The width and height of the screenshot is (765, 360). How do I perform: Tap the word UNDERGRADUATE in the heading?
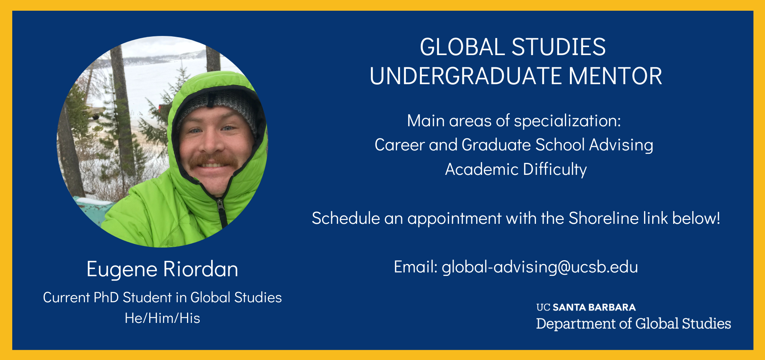pos(466,76)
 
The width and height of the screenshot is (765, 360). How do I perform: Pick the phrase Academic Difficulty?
pos(516,169)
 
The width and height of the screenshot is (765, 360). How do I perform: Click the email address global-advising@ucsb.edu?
pos(540,267)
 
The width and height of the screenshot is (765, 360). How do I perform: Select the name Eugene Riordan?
pos(162,269)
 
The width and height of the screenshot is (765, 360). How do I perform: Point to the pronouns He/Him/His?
pos(162,318)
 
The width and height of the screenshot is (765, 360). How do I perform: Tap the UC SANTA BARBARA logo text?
pos(586,308)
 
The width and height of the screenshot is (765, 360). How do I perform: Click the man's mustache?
pos(213,159)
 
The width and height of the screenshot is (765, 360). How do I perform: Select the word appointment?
pos(454,218)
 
